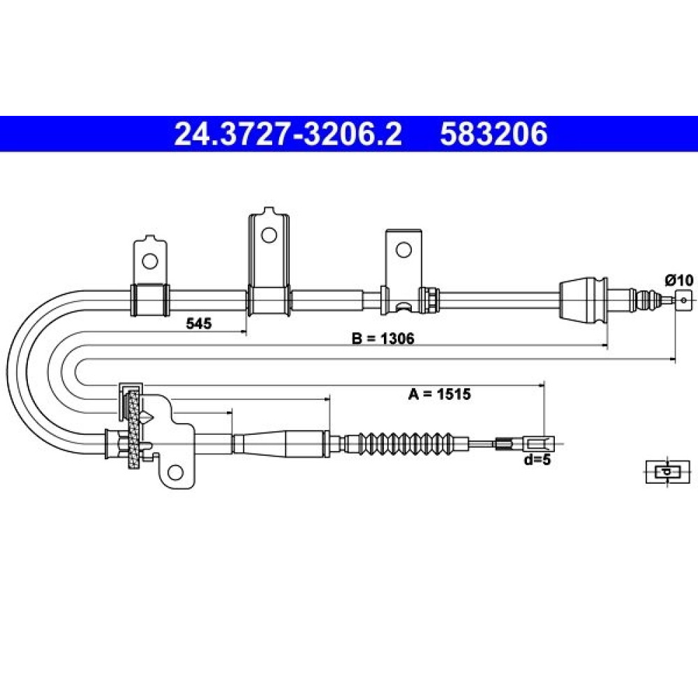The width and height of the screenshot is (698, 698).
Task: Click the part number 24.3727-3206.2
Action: coord(288,134)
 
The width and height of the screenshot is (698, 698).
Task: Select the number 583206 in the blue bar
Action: coord(493,134)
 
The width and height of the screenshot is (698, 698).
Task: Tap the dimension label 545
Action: coord(198,324)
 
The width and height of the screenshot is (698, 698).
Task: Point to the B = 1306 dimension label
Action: coord(383,339)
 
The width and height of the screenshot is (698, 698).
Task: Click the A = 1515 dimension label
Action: coord(439,394)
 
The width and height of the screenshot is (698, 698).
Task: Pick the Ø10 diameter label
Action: coord(679,280)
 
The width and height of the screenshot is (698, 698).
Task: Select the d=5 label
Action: coord(537,459)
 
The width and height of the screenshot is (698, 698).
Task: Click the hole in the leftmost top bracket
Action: coord(149,260)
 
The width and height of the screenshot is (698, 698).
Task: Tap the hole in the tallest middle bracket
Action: coord(269,235)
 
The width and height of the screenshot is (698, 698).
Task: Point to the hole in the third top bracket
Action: coord(403,250)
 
